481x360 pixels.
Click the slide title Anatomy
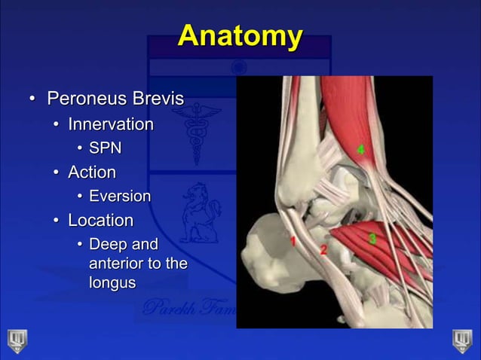point(240,36)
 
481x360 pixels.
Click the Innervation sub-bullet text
point(111,124)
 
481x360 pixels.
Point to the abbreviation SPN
point(105,148)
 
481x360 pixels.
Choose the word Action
point(92,172)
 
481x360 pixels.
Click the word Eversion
point(120,197)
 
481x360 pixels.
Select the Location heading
point(100,221)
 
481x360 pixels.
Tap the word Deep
point(106,245)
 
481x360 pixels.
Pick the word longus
point(112,283)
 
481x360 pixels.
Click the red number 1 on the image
point(293,242)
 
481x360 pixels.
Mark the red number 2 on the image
point(323,249)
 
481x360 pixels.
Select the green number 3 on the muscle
point(372,238)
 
